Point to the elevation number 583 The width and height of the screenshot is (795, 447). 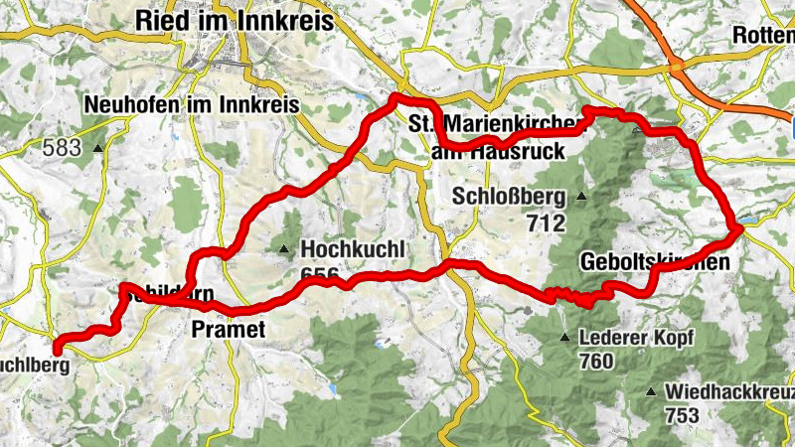pos(62,149)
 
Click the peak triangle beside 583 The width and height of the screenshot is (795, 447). pos(98,149)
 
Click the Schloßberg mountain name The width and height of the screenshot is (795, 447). pos(508,195)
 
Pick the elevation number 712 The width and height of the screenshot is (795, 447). pos(547,223)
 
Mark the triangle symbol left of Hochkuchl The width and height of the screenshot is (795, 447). pos(286,248)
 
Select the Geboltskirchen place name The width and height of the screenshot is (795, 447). pos(654,262)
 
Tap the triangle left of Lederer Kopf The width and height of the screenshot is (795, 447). pos(566,338)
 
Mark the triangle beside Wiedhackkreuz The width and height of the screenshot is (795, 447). pos(651,392)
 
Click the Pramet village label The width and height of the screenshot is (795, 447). pos(229,329)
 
